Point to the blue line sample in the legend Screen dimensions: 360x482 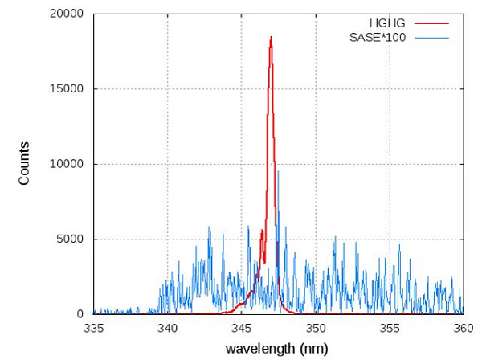click(x=431, y=37)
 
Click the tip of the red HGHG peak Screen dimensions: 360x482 click(x=271, y=37)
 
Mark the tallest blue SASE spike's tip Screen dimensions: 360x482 click(x=278, y=171)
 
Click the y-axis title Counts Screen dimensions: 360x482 click(x=25, y=164)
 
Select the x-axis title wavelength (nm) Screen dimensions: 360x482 click(x=276, y=350)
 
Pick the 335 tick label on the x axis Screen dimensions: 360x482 click(x=94, y=328)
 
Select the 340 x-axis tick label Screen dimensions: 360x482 click(x=168, y=328)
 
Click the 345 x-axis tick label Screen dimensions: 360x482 click(x=242, y=328)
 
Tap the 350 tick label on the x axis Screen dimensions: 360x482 click(x=316, y=328)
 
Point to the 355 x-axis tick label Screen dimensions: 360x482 click(x=390, y=328)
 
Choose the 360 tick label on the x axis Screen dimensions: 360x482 click(x=463, y=328)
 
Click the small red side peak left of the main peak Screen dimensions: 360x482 click(x=262, y=231)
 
